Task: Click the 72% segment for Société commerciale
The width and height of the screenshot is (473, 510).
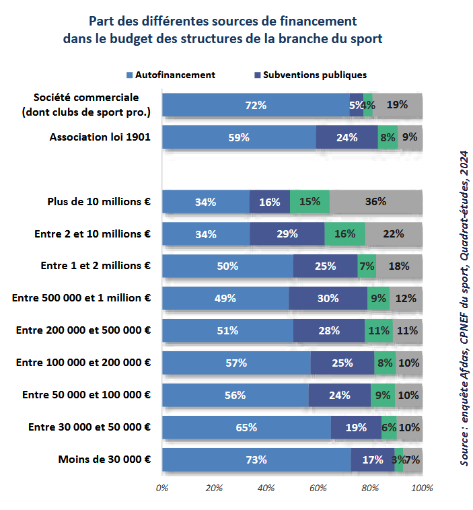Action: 256,105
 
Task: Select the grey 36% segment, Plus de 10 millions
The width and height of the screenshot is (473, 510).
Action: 375,202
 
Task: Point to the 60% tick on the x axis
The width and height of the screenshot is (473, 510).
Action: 318,487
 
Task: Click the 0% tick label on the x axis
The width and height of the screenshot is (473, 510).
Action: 162,487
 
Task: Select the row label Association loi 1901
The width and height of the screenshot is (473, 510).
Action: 100,137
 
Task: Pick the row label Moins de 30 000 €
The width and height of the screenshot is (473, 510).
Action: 104,460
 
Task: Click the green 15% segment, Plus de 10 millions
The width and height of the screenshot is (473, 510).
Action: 310,202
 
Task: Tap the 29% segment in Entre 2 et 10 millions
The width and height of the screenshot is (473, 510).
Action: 287,234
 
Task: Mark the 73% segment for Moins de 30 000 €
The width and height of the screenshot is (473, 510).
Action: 256,460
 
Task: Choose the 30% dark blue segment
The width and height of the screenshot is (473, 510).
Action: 328,299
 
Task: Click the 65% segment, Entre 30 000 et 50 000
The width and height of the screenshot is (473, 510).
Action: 246,428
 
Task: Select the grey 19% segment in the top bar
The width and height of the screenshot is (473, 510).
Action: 397,105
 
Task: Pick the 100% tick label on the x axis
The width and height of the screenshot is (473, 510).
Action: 422,487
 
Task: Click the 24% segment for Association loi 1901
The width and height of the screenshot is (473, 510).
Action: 347,137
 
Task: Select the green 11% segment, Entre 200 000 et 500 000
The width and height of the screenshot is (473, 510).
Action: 379,331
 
